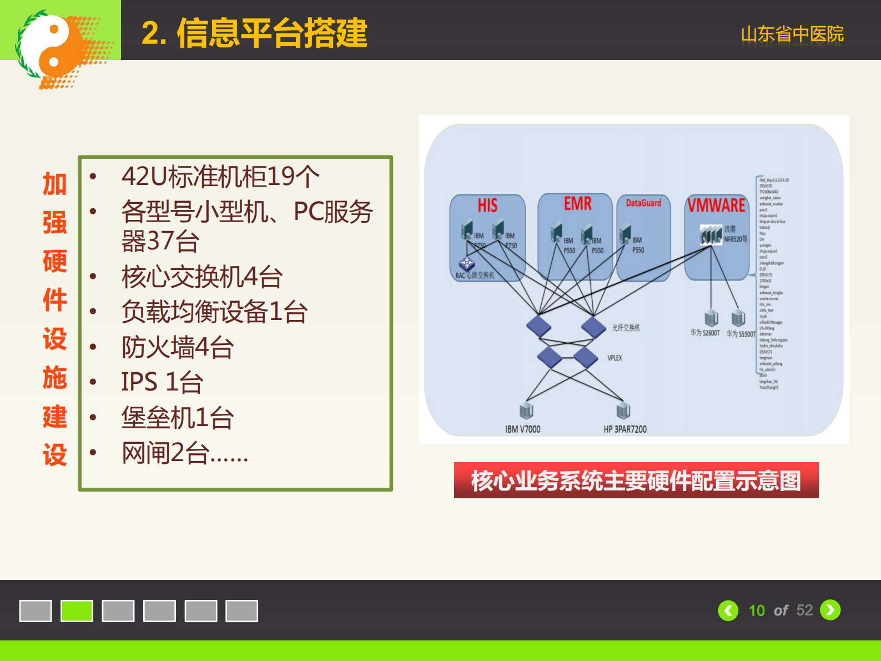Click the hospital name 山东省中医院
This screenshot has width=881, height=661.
[792, 34]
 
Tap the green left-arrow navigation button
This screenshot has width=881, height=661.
[728, 610]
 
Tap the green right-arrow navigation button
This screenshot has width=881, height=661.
[830, 610]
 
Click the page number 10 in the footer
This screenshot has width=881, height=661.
[757, 610]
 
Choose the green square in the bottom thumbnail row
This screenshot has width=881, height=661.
[77, 611]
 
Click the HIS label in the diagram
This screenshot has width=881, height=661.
[487, 206]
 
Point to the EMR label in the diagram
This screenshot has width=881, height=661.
[577, 204]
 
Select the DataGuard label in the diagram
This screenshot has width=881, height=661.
[643, 203]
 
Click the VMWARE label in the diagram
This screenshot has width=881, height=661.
[716, 206]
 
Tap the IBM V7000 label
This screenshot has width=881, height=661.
[522, 429]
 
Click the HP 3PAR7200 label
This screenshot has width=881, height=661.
[625, 429]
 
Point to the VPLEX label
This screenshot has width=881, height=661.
[615, 358]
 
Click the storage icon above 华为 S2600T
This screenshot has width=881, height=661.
[711, 318]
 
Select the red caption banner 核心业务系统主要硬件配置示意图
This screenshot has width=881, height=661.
[636, 480]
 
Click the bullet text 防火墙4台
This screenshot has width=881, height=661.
[178, 347]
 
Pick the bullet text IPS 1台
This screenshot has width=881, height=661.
[162, 382]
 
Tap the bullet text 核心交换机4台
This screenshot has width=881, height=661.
[202, 277]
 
